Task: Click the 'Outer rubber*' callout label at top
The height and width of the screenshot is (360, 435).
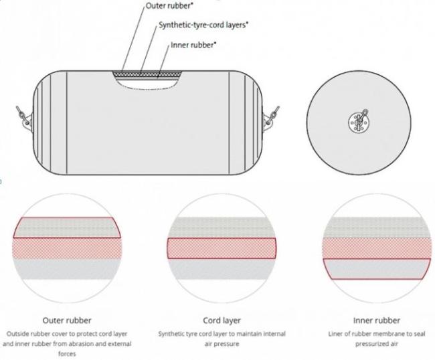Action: pos(169,5)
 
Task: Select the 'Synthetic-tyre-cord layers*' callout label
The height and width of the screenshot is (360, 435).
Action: pos(203,25)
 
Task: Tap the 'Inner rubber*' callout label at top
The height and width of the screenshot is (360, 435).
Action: pos(193,45)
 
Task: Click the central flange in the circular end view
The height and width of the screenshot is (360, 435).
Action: pos(359,122)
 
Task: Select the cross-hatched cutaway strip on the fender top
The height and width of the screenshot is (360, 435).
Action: pos(147,74)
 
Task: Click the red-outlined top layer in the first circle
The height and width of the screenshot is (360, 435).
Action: pos(67,228)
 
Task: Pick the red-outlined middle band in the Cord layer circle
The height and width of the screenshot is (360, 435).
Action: pos(222,248)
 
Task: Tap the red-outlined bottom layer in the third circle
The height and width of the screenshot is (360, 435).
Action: pos(377,269)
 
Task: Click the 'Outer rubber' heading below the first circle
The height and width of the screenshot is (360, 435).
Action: pos(67,321)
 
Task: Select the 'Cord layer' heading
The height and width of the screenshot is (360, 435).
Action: pos(222,321)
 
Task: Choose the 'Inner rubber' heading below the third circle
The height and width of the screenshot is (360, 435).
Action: pos(377,321)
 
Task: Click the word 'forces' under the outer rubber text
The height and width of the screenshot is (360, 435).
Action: pos(67,354)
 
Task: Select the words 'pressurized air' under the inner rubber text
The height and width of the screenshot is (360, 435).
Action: pos(377,344)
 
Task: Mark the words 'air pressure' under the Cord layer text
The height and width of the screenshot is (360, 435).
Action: pos(222,344)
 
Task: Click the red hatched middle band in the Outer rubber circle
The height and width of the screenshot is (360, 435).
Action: pos(67,248)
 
